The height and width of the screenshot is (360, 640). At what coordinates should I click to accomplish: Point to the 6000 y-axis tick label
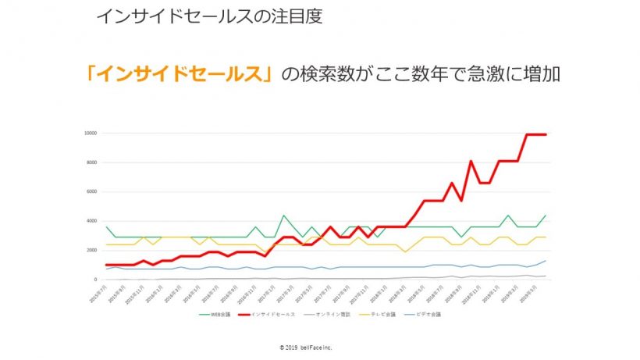pos(92,191)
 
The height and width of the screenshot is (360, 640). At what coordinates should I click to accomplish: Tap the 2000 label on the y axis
pos(92,250)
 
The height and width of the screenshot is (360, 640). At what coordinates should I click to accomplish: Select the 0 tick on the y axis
pos(95,280)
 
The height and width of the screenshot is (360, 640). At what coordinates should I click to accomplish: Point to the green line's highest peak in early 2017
pos(284,216)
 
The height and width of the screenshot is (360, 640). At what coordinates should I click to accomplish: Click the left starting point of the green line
pos(106,227)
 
